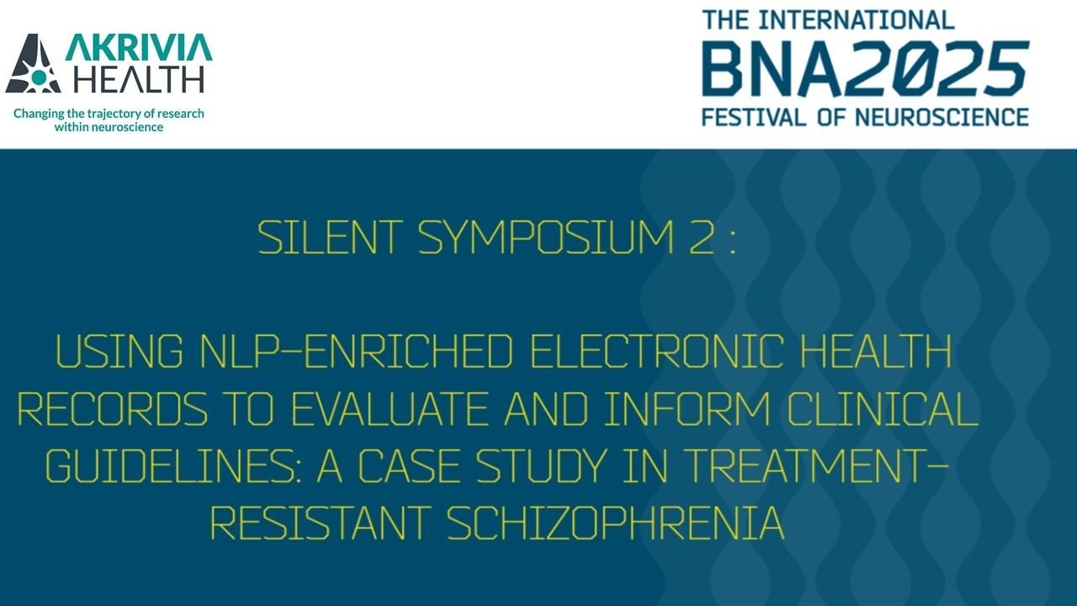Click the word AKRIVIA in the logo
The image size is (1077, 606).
139,47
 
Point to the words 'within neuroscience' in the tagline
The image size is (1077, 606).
109,127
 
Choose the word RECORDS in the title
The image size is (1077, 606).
113,410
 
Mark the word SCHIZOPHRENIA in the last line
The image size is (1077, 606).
615,524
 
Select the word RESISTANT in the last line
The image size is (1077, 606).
321,524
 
